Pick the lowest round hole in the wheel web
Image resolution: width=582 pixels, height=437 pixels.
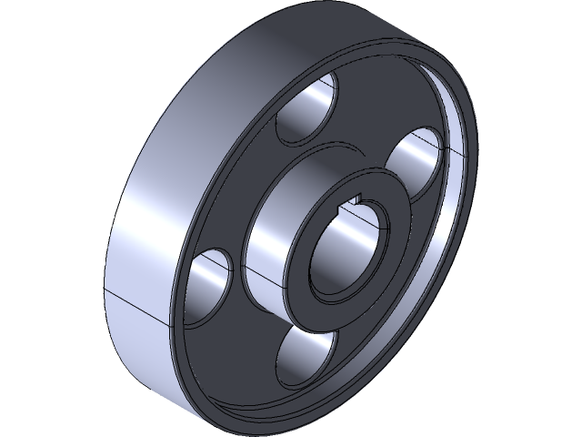tap(306, 358)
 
